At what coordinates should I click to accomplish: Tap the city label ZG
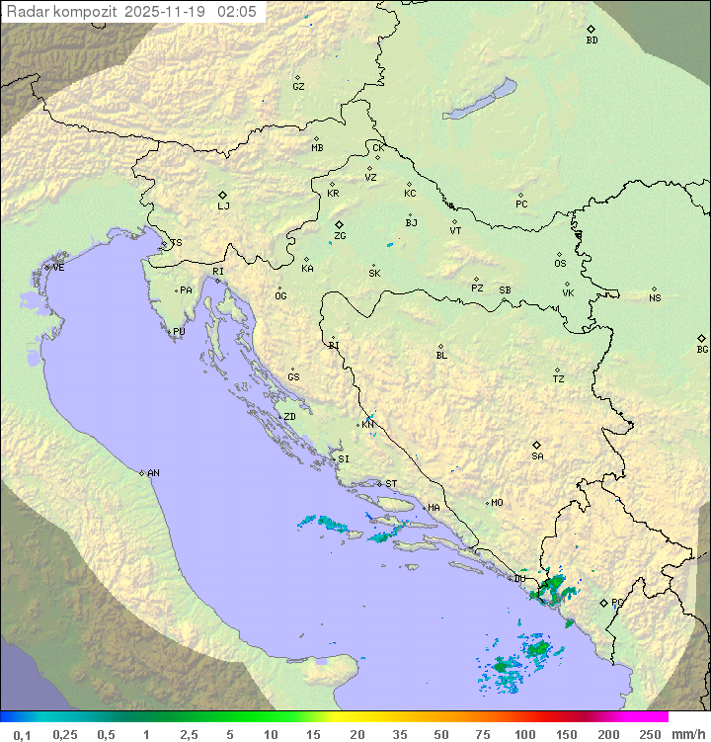pos(340,236)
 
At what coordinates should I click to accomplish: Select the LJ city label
pos(223,206)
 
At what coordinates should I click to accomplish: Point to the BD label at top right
pos(592,41)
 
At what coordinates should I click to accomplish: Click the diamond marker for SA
pos(537,445)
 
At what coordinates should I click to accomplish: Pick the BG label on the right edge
pos(702,349)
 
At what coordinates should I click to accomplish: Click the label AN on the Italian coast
pos(153,473)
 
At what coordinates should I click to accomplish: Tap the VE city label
pos(58,268)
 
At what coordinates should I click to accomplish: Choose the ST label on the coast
pos(391,484)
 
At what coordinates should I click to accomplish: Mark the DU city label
pos(520,579)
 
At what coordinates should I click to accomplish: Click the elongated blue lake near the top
pos(480,101)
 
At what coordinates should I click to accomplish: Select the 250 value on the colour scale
pos(649,734)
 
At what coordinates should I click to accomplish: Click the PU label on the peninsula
pos(179,332)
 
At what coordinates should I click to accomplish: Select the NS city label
pos(655,298)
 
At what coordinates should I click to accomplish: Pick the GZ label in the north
pos(298,87)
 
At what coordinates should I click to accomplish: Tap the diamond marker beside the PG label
pos(603,602)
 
